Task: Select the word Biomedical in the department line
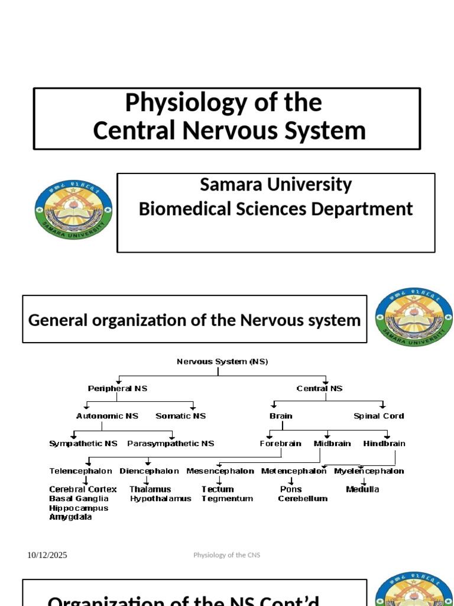[x=188, y=209]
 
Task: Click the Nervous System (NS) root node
[x=222, y=362]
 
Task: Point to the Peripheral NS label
[x=118, y=389]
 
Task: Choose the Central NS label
[x=319, y=389]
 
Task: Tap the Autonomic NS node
[x=108, y=416]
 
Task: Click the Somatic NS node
[x=181, y=416]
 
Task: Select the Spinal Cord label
[x=379, y=416]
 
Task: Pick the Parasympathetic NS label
[x=171, y=443]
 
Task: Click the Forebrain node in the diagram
[x=281, y=443]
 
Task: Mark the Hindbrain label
[x=384, y=443]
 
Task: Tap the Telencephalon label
[x=80, y=471]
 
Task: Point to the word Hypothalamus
[x=161, y=499]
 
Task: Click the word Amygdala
[x=70, y=517]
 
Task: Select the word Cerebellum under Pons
[x=303, y=499]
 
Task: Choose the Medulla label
[x=362, y=489]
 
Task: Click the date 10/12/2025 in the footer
[x=47, y=555]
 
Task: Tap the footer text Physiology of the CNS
[x=226, y=555]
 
